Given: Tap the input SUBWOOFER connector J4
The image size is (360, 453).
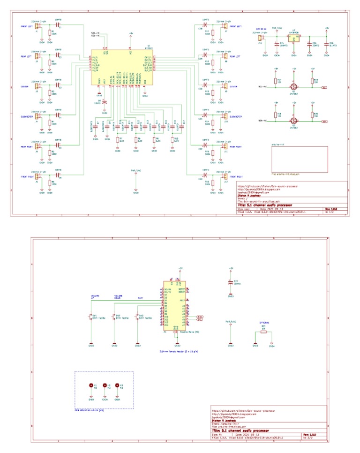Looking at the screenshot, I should click(39, 115).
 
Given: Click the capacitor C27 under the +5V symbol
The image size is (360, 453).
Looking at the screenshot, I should click(230, 283).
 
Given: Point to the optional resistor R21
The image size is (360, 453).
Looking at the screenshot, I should click(263, 332).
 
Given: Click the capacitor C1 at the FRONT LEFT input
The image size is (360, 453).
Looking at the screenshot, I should click(59, 27).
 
